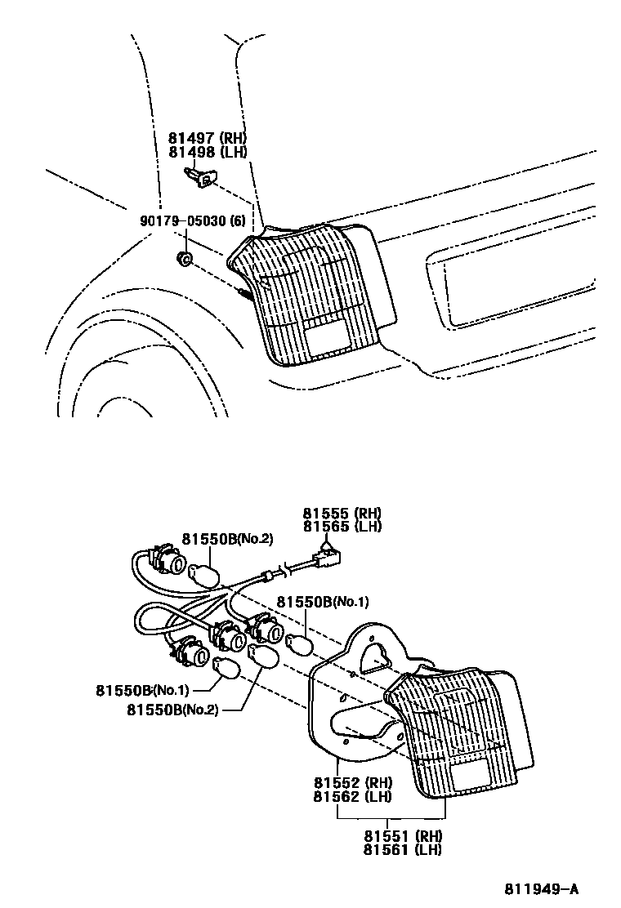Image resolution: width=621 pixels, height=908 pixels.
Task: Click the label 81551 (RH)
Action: pos(403,836)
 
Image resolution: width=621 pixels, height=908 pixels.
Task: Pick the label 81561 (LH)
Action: pos(403,849)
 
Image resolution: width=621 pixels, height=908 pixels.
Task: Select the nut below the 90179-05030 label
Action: pos(185,260)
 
